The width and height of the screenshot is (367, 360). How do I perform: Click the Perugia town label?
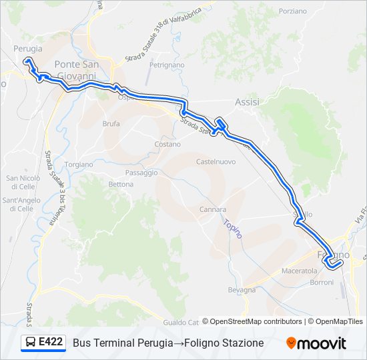[27, 49]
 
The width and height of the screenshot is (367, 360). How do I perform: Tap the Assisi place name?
[247, 102]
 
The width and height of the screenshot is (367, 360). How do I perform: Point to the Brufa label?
[111, 123]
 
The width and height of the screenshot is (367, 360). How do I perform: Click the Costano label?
[167, 144]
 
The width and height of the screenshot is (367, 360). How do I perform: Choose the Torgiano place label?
[79, 164]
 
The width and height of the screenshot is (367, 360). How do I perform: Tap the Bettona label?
[121, 184]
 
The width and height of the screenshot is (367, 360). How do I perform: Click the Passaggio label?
[141, 172]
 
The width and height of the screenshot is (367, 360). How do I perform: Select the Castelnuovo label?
[216, 161]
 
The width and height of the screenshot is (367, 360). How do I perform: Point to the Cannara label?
[213, 209]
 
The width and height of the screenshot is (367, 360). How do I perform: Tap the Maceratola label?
[300, 271]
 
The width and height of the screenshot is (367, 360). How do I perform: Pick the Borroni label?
[322, 283]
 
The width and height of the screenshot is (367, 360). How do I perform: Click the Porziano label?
[293, 11]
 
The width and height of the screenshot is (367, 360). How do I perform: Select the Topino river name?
[233, 229]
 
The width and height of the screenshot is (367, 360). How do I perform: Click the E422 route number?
[51, 342]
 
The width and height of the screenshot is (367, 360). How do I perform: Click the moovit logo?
[316, 343]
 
